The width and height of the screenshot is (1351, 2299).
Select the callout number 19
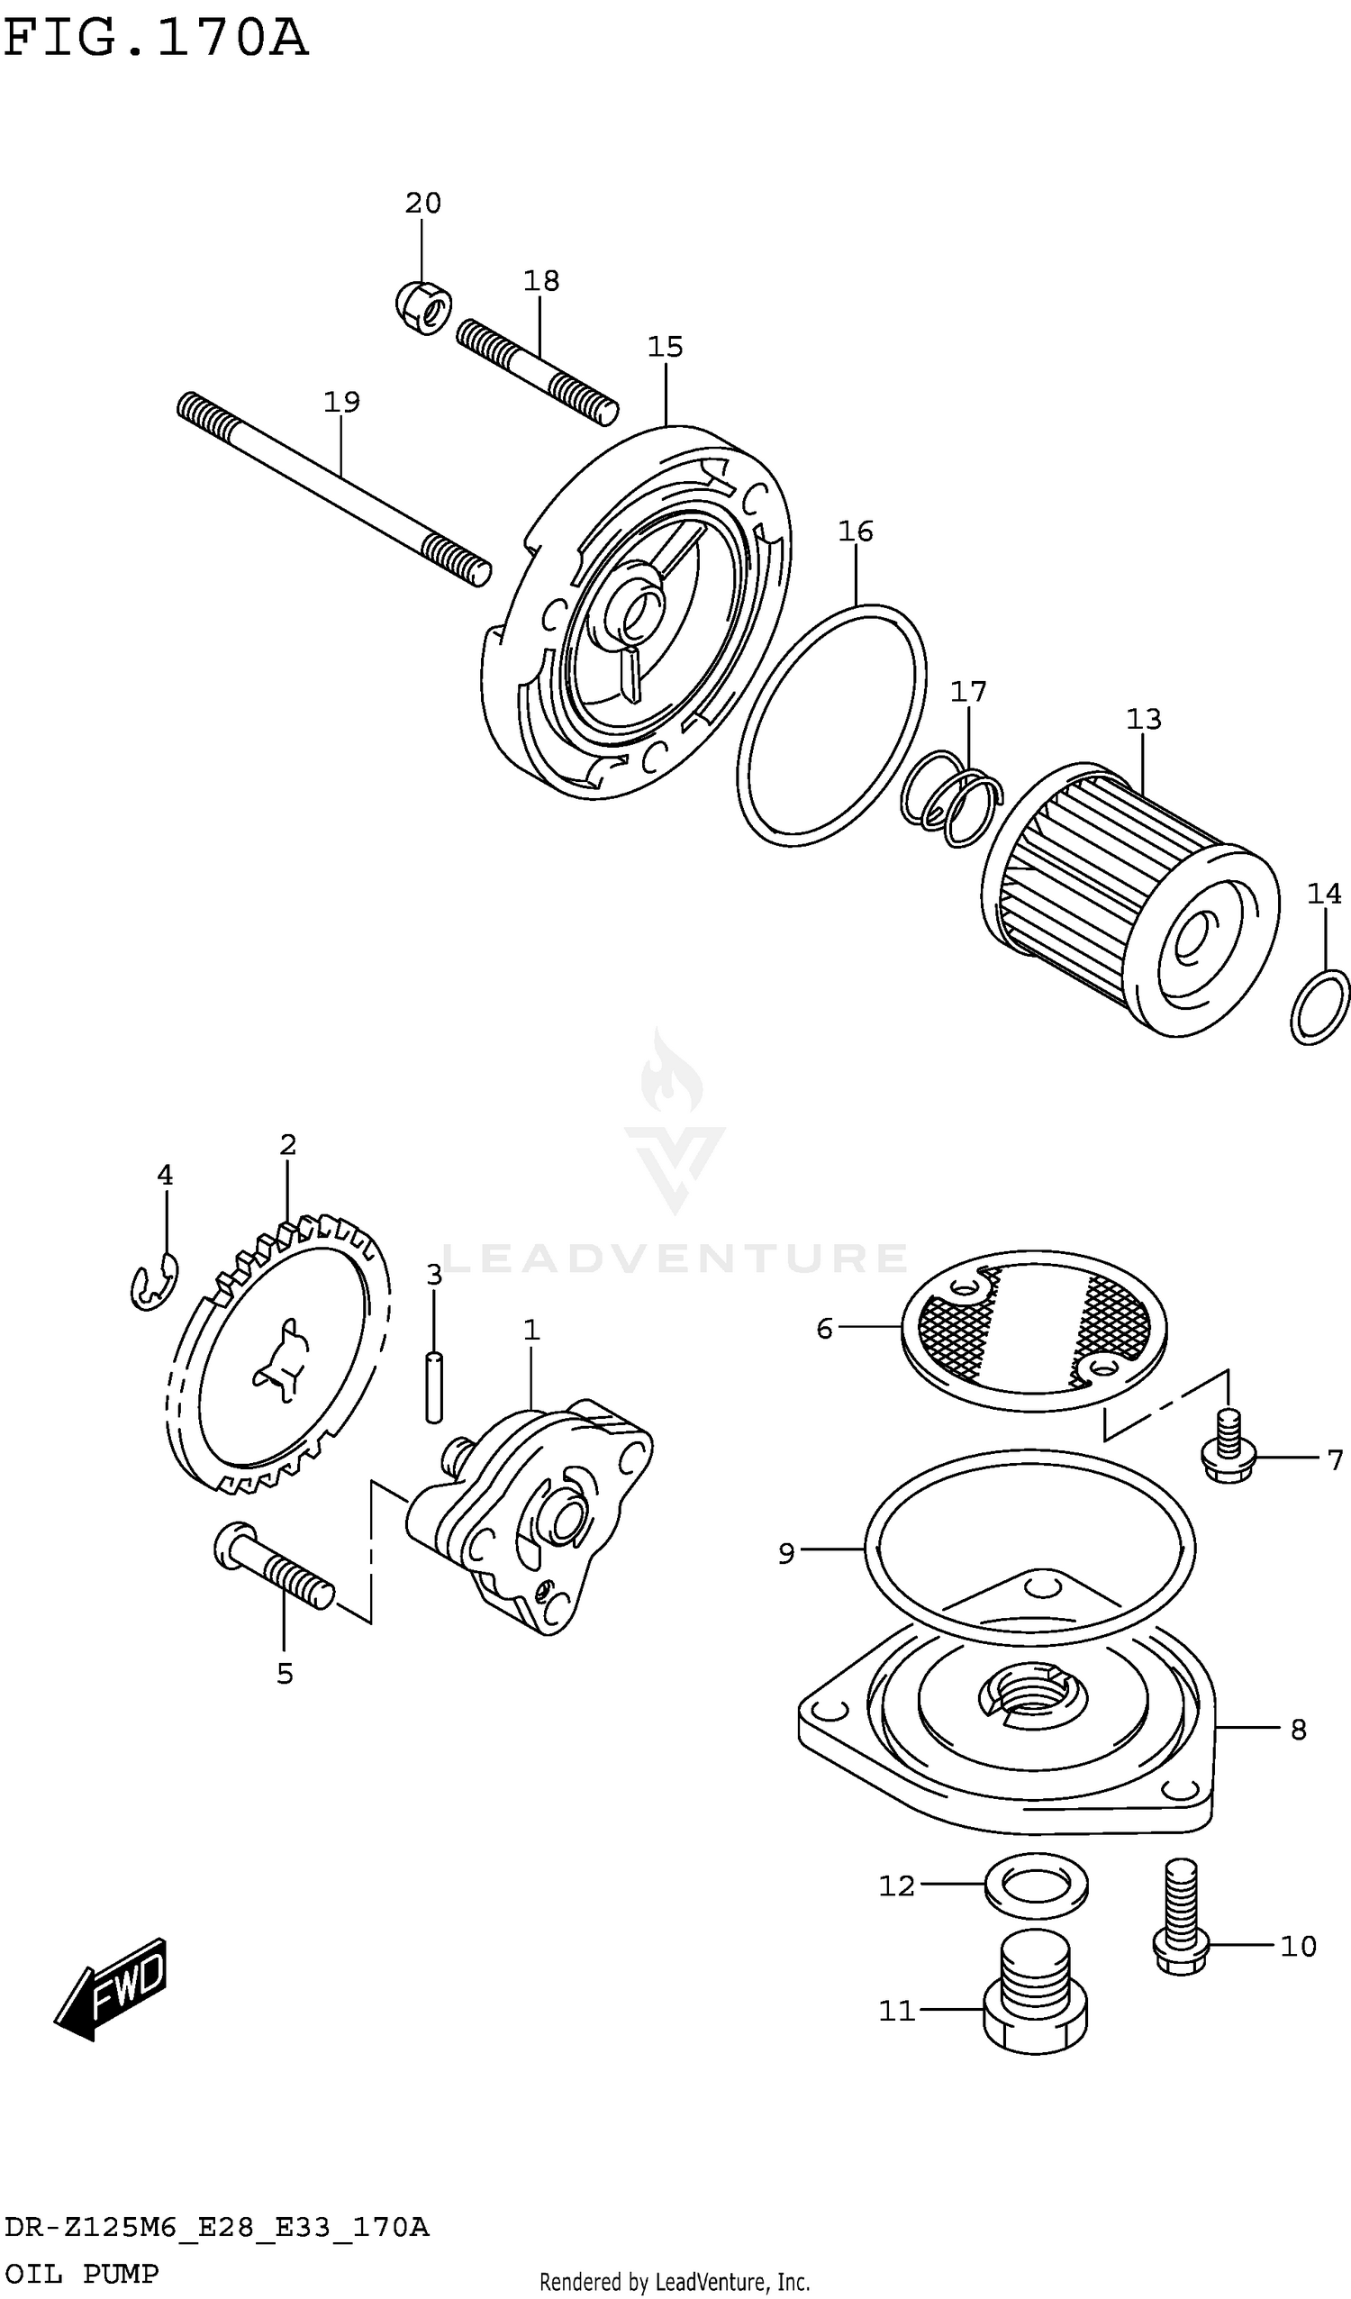pyautogui.click(x=342, y=402)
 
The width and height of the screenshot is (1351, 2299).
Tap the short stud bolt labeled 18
pyautogui.click(x=538, y=372)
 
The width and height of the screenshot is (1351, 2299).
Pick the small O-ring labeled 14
pyautogui.click(x=1320, y=1007)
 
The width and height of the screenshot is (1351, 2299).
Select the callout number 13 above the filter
pyautogui.click(x=1144, y=719)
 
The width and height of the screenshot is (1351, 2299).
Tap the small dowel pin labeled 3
pyautogui.click(x=434, y=1387)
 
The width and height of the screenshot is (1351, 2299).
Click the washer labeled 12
pyautogui.click(x=1037, y=1885)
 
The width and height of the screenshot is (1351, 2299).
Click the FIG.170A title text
pyautogui.click(x=155, y=39)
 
